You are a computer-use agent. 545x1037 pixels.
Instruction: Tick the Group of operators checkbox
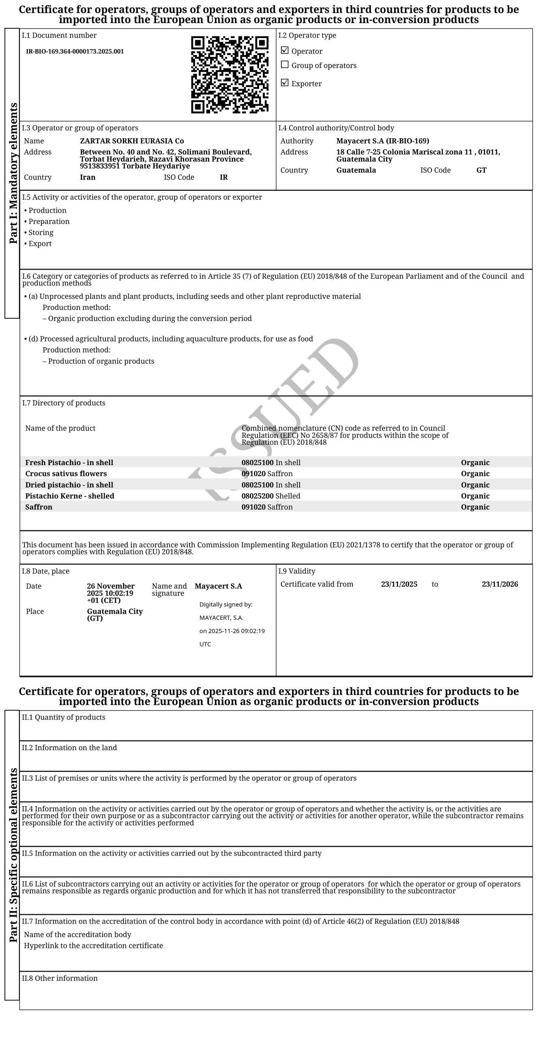(x=285, y=65)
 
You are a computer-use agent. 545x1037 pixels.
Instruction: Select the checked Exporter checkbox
(x=285, y=83)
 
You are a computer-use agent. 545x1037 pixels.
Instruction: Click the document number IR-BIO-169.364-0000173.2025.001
(x=75, y=51)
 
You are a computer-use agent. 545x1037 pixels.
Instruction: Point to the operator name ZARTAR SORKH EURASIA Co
(x=132, y=141)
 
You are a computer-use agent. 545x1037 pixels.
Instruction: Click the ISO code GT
(x=481, y=170)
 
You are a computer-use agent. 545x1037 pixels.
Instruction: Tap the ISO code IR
(x=224, y=177)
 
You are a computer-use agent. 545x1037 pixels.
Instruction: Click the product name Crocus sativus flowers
(x=66, y=474)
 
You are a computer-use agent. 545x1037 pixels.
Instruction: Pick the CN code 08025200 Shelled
(x=271, y=496)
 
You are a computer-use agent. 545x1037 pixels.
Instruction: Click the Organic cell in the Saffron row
(x=475, y=507)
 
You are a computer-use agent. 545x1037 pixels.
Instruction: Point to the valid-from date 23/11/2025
(x=399, y=584)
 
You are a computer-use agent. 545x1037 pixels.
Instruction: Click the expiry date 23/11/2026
(x=500, y=584)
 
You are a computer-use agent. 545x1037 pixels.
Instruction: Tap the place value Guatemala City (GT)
(x=115, y=615)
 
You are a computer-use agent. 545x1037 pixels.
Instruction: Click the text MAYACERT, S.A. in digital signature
(x=221, y=618)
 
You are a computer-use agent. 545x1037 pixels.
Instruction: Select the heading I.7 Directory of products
(x=64, y=403)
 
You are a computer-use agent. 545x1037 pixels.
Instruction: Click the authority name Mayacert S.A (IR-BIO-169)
(x=383, y=141)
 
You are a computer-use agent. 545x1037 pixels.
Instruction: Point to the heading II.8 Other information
(x=60, y=978)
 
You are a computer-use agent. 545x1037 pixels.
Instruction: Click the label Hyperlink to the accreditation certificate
(x=93, y=945)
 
